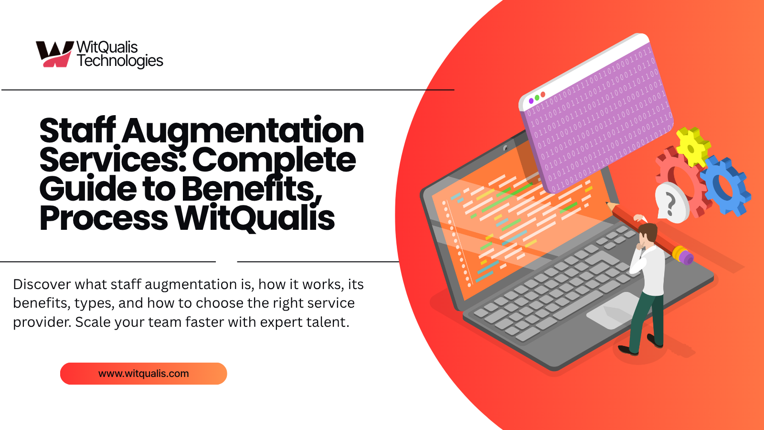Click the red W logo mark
pyautogui.click(x=54, y=54)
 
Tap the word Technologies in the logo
pyautogui.click(x=120, y=61)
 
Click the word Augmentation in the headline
pyautogui.click(x=243, y=131)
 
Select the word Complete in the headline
pyautogui.click(x=274, y=160)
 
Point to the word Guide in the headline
pyautogui.click(x=88, y=189)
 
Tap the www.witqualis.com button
pyautogui.click(x=143, y=374)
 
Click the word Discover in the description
pyautogui.click(x=42, y=284)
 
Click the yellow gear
pyautogui.click(x=692, y=146)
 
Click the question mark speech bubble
pyautogui.click(x=671, y=203)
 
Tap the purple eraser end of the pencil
pyautogui.click(x=686, y=258)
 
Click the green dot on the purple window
pyautogui.click(x=537, y=97)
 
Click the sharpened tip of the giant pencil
pyautogui.click(x=608, y=204)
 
